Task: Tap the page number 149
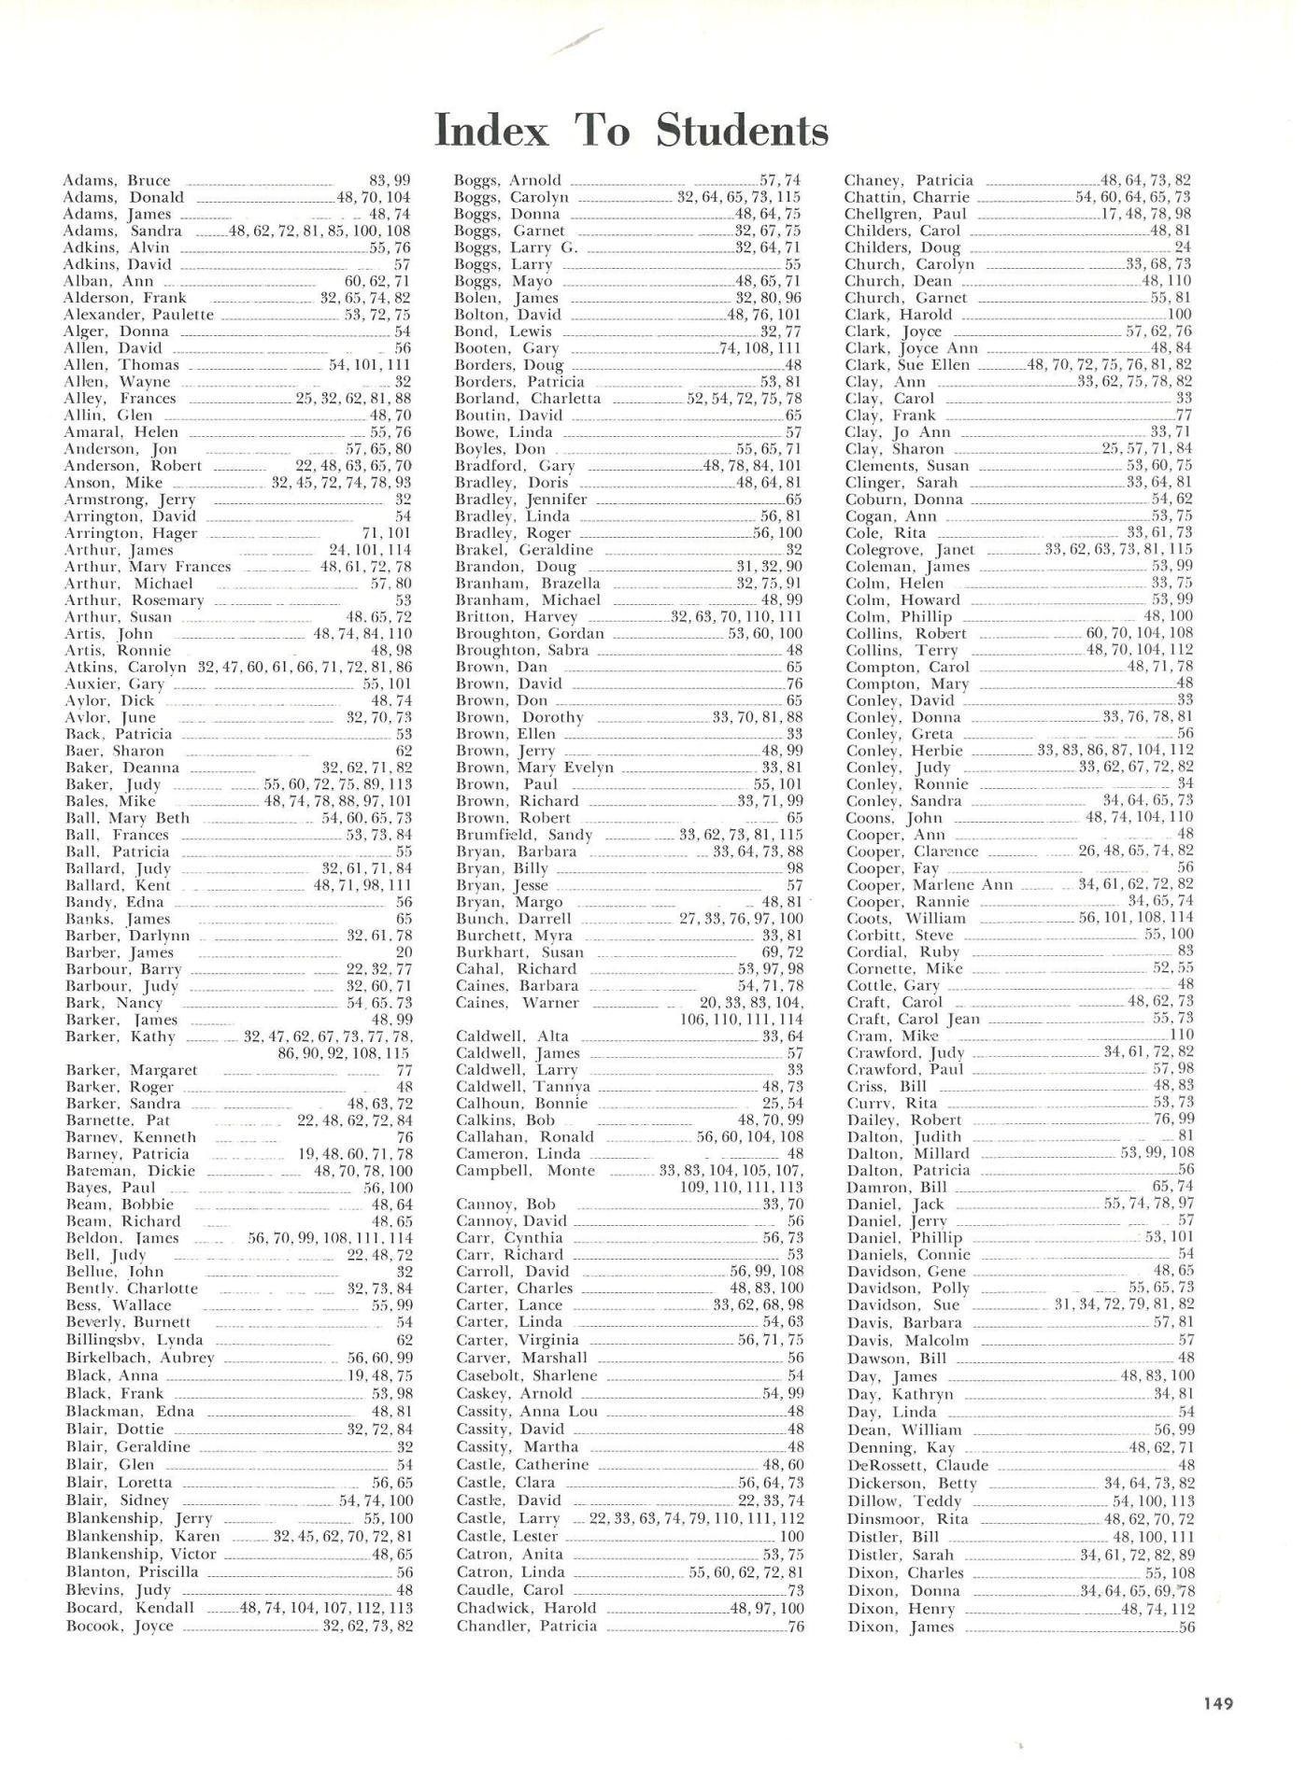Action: [x=1218, y=1703]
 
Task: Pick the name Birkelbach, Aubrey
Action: [x=140, y=1358]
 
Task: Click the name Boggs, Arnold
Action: [x=508, y=180]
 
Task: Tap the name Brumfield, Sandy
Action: [x=524, y=835]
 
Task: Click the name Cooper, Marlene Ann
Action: [x=929, y=885]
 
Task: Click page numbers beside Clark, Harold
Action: [x=1180, y=315]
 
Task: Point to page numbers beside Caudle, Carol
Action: [x=796, y=1590]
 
